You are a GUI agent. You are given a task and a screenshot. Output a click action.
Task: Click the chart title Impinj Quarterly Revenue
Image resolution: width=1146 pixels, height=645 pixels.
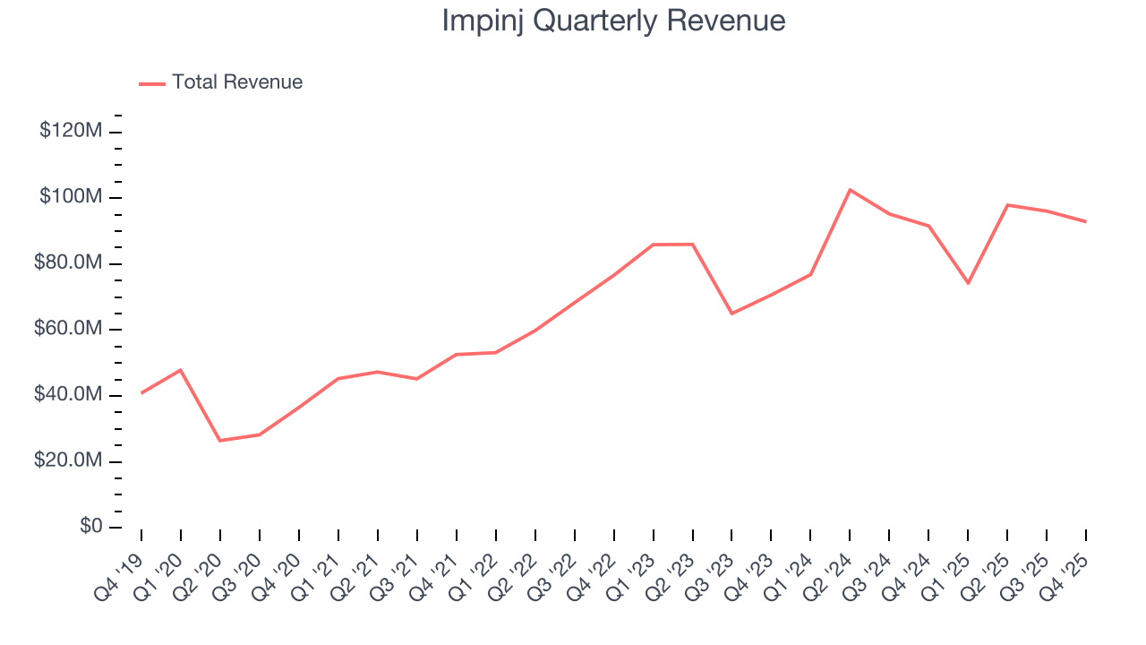pyautogui.click(x=613, y=21)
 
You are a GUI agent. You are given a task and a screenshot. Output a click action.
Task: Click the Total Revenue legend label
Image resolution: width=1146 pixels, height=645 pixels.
pyautogui.click(x=237, y=82)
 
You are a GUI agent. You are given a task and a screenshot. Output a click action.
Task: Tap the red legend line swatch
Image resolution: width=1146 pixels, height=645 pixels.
pyautogui.click(x=152, y=83)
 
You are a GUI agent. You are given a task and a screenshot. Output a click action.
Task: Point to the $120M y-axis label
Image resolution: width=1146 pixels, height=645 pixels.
pyautogui.click(x=71, y=131)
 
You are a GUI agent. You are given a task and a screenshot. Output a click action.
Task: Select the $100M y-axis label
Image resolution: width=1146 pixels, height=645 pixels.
pyautogui.click(x=71, y=197)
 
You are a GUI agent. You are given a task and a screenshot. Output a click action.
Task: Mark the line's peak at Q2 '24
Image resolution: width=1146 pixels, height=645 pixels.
pyautogui.click(x=850, y=190)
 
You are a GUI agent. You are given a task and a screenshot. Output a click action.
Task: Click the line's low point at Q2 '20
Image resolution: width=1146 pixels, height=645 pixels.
pyautogui.click(x=220, y=441)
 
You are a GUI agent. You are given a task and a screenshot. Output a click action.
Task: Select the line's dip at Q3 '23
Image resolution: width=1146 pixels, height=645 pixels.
pyautogui.click(x=731, y=314)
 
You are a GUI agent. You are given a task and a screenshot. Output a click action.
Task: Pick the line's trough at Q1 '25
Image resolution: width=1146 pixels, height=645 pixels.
pyautogui.click(x=968, y=283)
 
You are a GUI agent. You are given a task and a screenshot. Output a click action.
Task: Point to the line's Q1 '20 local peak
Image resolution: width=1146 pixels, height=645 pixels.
pyautogui.click(x=181, y=370)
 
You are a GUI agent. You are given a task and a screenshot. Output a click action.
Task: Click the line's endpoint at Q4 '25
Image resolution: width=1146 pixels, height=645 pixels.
pyautogui.click(x=1086, y=221)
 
